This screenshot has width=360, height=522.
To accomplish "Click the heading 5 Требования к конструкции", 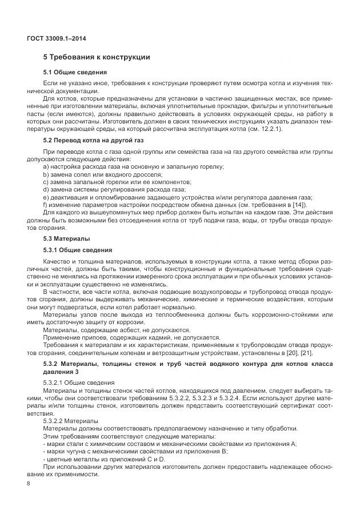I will click(x=97, y=57).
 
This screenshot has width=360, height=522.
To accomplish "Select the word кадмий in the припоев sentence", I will click(x=151, y=337).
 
